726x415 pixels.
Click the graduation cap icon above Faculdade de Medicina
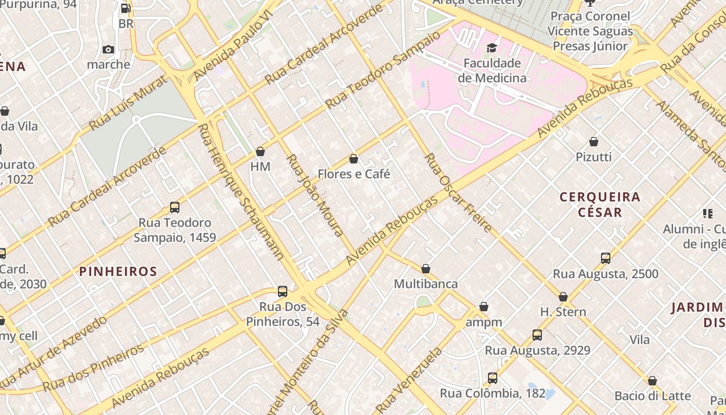(x=491, y=48)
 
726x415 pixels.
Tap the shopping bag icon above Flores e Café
(x=354, y=159)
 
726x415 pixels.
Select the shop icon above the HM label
(x=260, y=151)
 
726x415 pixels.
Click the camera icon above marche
(x=108, y=49)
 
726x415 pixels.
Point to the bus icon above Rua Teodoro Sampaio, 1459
(x=175, y=208)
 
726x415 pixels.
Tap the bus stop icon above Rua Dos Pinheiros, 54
(x=283, y=292)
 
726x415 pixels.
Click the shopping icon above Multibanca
(x=426, y=269)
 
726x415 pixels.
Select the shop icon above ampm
(x=484, y=307)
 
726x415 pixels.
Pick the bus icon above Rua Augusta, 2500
(x=605, y=258)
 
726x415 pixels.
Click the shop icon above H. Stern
(x=563, y=297)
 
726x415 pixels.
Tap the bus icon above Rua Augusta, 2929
(x=537, y=335)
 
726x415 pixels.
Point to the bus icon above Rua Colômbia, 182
(x=493, y=378)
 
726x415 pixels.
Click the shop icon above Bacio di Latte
(x=652, y=381)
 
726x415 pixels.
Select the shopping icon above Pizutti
(x=594, y=142)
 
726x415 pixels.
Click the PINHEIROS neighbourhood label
(x=118, y=271)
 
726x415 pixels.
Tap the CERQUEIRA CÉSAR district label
(x=600, y=204)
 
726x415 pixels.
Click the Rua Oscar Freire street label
(x=458, y=193)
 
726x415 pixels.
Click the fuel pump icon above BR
(x=125, y=8)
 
